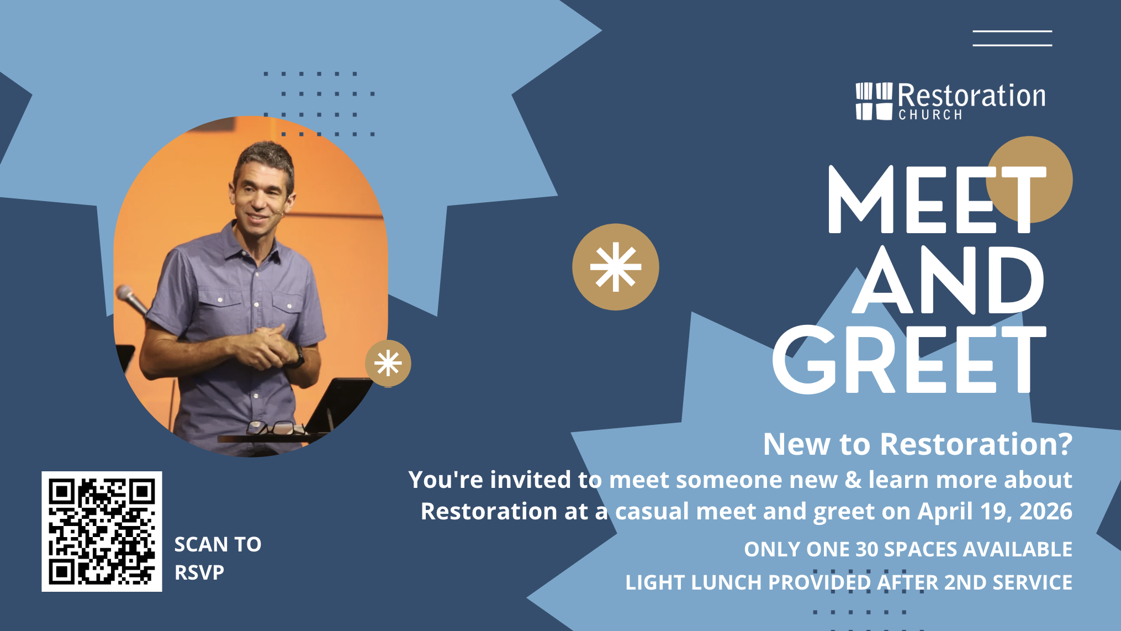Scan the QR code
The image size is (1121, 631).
(102, 531)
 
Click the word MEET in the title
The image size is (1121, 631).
(937, 199)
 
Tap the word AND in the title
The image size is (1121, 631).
(948, 280)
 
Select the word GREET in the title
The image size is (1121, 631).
(909, 359)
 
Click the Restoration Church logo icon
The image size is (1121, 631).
(874, 101)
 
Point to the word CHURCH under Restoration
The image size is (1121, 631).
(930, 115)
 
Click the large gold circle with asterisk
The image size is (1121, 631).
(616, 267)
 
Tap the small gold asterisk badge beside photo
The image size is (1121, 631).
(388, 364)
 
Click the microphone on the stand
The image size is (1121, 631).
(131, 299)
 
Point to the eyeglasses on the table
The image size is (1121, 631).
(273, 428)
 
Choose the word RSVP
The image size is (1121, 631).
(199, 572)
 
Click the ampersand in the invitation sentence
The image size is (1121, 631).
(853, 480)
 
